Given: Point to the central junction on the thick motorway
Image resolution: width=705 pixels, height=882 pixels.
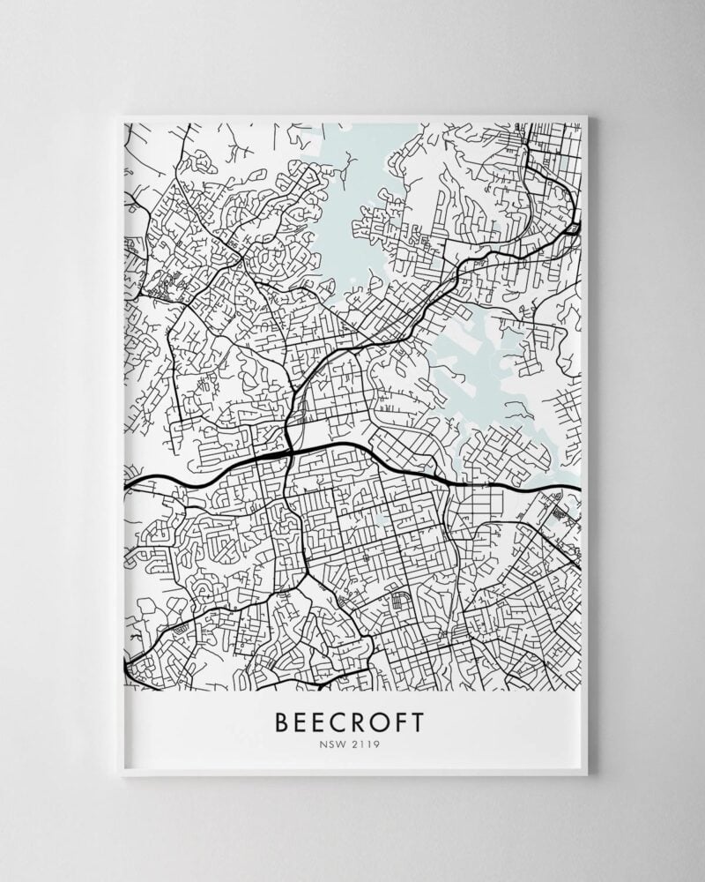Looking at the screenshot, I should (291, 452).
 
